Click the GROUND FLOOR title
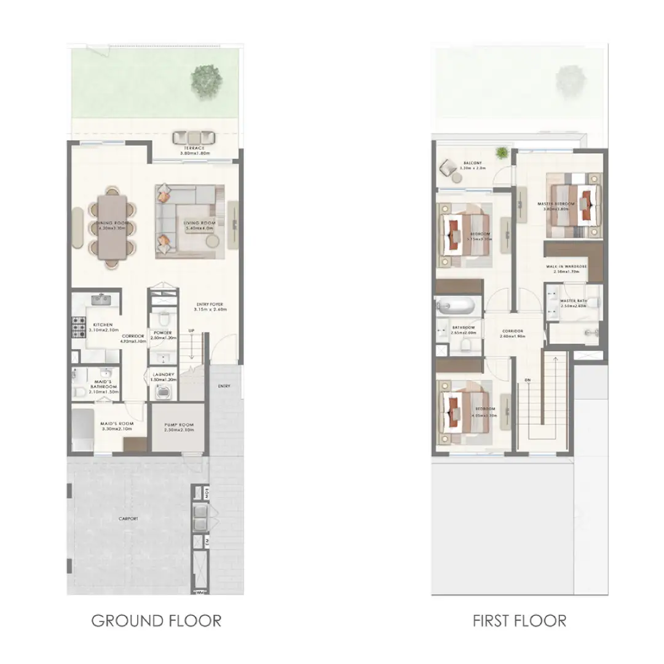[156, 620]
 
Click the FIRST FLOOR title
[519, 620]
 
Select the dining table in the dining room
[113, 228]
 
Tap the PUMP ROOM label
[179, 425]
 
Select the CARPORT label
[128, 519]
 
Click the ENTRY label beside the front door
[224, 385]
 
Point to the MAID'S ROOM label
[117, 424]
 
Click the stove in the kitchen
[79, 328]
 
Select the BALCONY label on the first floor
[473, 164]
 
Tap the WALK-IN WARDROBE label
[566, 267]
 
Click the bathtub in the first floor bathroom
[456, 306]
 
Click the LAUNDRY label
[164, 374]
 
